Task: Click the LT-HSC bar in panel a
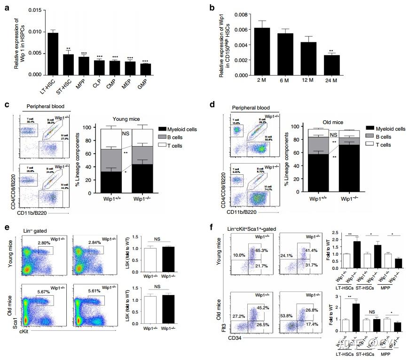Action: coord(53,54)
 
